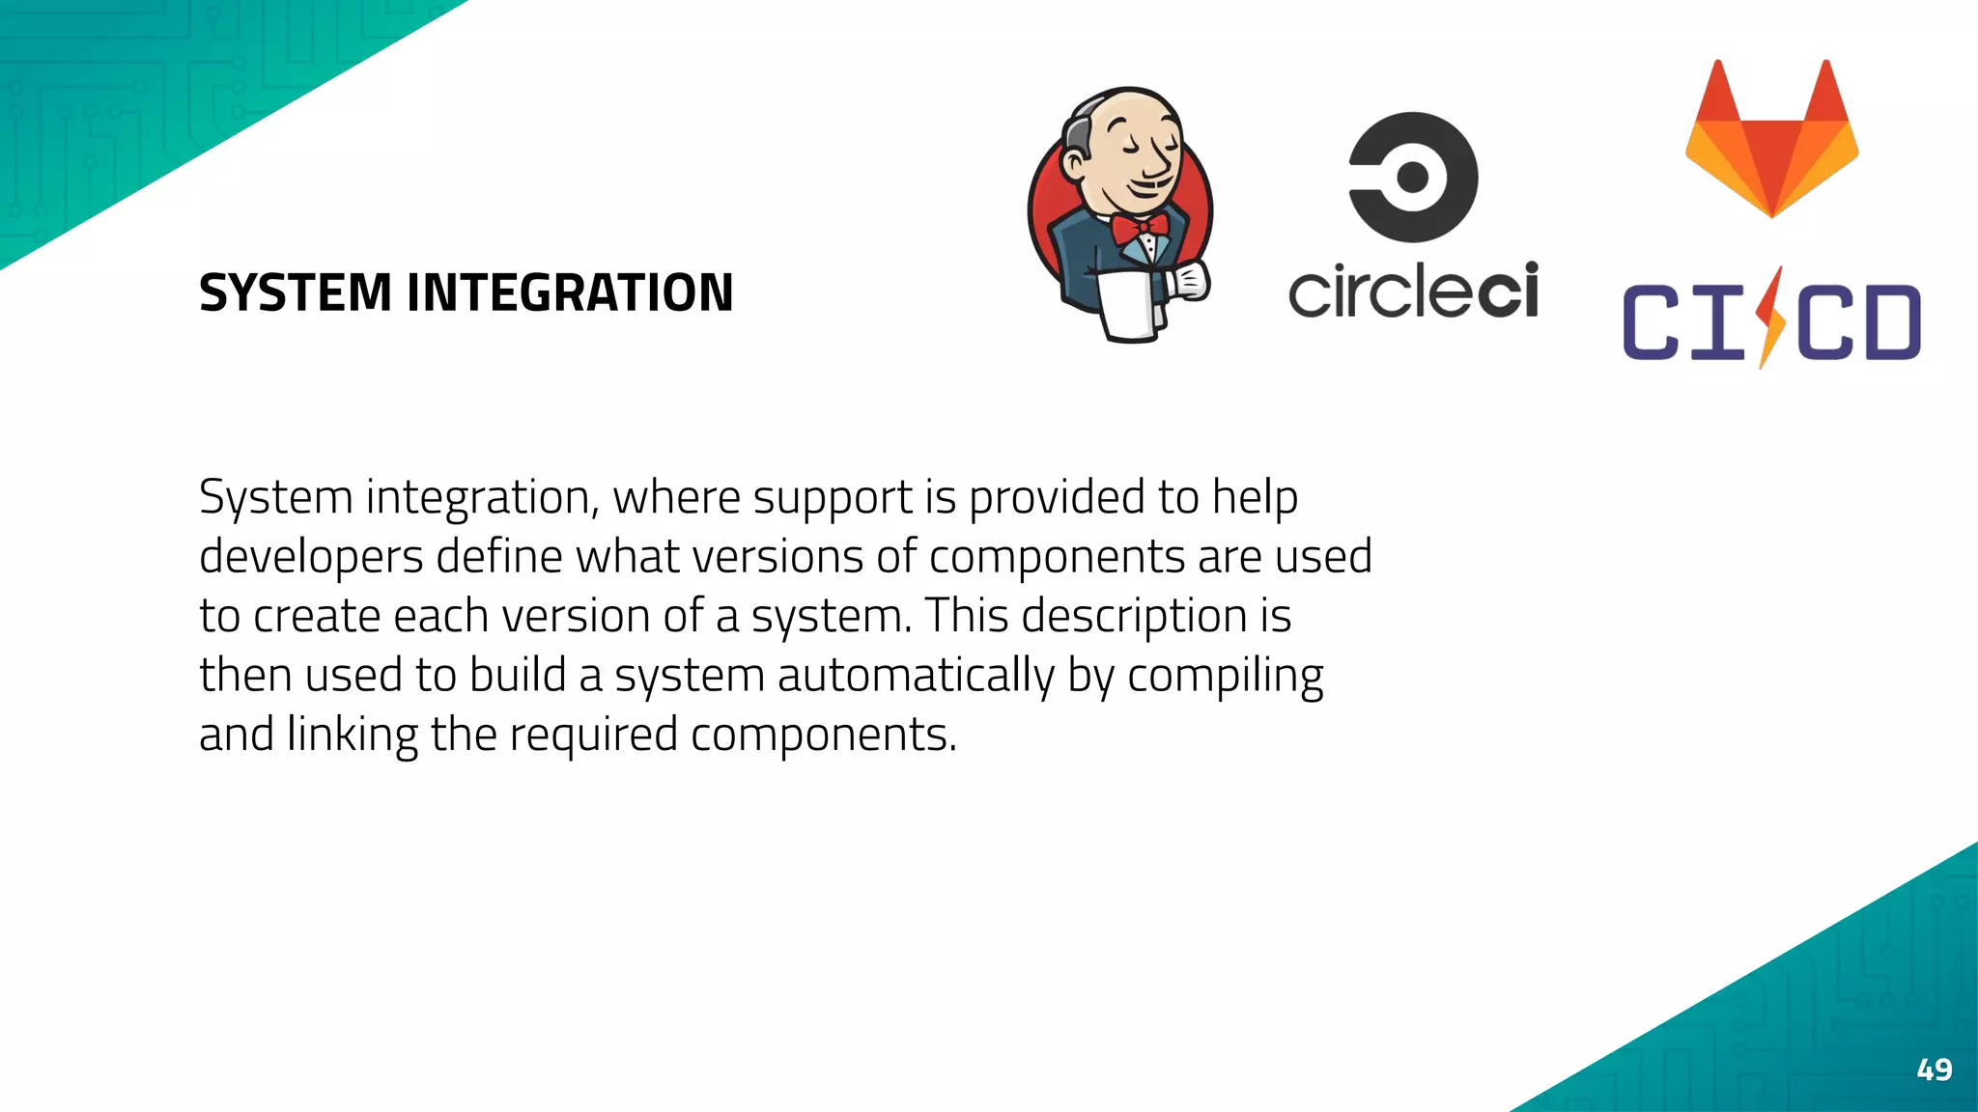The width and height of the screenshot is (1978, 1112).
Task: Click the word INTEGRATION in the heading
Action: click(570, 293)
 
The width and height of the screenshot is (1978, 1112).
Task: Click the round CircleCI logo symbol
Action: click(1413, 177)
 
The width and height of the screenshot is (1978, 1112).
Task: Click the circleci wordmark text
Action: click(1413, 291)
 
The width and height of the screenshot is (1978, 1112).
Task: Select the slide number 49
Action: click(1934, 1070)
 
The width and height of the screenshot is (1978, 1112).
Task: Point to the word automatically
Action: click(916, 676)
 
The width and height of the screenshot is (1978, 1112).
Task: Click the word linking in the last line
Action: click(352, 736)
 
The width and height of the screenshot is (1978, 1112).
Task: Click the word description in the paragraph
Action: click(1134, 617)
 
